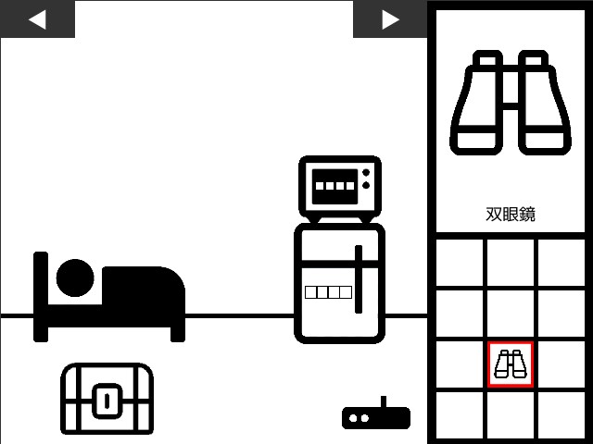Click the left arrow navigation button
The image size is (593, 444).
click(37, 18)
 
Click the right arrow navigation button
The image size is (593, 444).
click(390, 18)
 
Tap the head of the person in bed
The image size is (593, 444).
click(75, 277)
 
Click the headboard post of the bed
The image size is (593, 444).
click(41, 297)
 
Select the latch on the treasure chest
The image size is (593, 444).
click(107, 401)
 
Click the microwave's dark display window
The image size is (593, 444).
click(334, 187)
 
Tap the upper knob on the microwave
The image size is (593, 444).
click(366, 173)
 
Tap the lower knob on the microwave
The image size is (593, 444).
click(366, 185)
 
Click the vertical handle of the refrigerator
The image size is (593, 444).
click(359, 279)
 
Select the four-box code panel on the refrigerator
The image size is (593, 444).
click(328, 292)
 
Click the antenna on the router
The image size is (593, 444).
click(384, 401)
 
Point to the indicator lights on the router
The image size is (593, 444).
click(359, 418)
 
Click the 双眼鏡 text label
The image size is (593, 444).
click(511, 214)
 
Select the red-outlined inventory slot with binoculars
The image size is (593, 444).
click(511, 364)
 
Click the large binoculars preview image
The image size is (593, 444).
click(511, 103)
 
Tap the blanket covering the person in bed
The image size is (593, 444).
click(144, 289)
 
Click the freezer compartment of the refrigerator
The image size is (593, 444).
click(340, 244)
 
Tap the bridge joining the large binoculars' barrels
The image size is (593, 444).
click(511, 106)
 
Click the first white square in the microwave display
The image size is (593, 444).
click(320, 186)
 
